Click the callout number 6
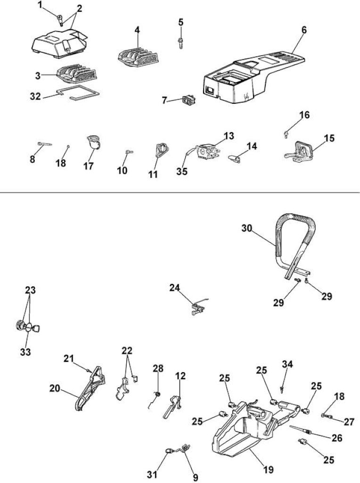[304, 30]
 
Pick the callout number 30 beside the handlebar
[247, 228]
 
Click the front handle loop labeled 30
[295, 243]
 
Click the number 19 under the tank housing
[268, 470]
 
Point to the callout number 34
[287, 364]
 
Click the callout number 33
[25, 352]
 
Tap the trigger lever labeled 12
[172, 407]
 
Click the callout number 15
[329, 138]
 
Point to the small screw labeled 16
[286, 134]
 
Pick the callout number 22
[127, 350]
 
